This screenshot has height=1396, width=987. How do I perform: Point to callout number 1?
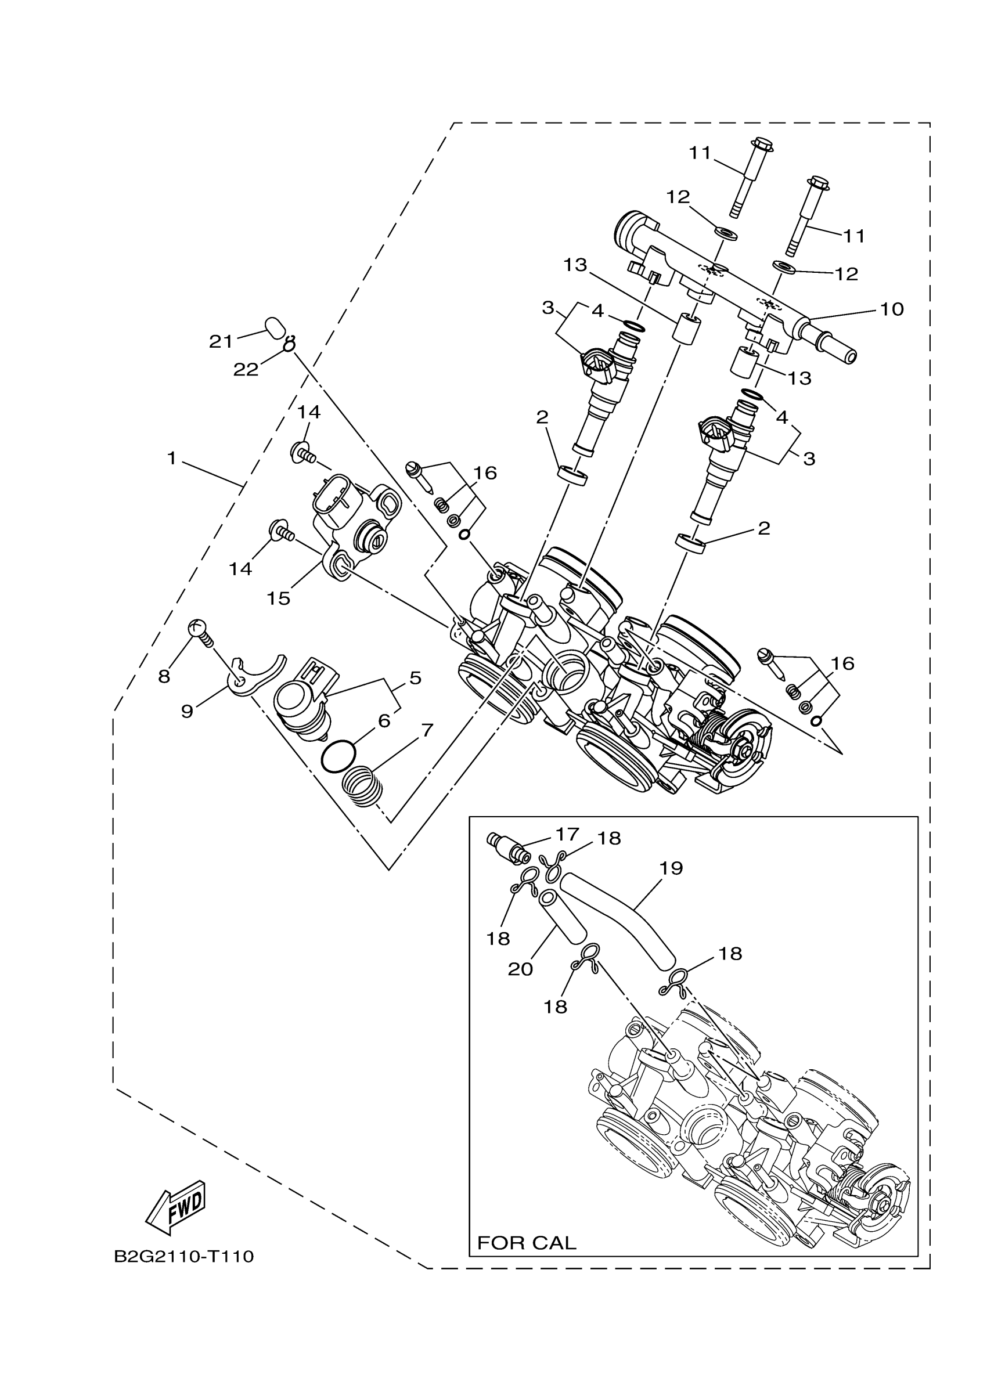(x=172, y=458)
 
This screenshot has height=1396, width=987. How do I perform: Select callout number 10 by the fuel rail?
(x=892, y=309)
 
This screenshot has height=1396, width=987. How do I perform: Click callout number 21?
(x=221, y=342)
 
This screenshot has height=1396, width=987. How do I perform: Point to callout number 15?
(x=278, y=598)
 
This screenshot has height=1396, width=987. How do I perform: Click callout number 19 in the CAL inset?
(x=671, y=868)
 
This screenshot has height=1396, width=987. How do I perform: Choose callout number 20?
(x=521, y=969)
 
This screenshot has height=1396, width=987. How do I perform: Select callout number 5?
(x=415, y=677)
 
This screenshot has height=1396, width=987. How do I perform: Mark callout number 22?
(x=246, y=369)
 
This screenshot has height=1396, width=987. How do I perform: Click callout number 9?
(x=187, y=712)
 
